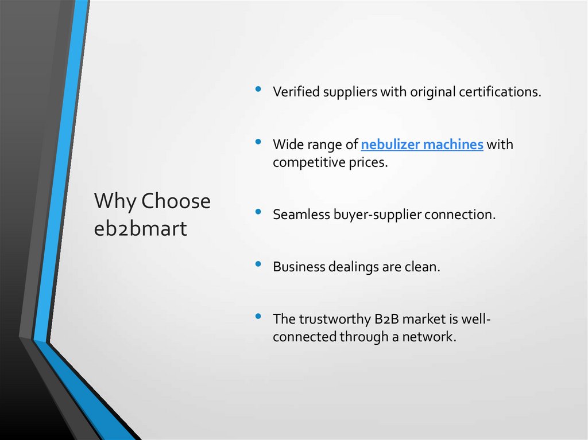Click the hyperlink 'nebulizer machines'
[x=422, y=145]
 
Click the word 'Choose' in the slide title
[x=176, y=201]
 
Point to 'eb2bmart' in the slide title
[x=140, y=228]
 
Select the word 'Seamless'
[x=300, y=215]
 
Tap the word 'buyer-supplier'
[x=376, y=215]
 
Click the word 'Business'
[x=299, y=267]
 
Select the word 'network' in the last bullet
[x=429, y=337]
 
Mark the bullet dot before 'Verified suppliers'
[x=259, y=89]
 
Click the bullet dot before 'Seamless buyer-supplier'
[x=259, y=212]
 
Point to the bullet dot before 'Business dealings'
[x=259, y=264]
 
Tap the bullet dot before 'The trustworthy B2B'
[x=259, y=316]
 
